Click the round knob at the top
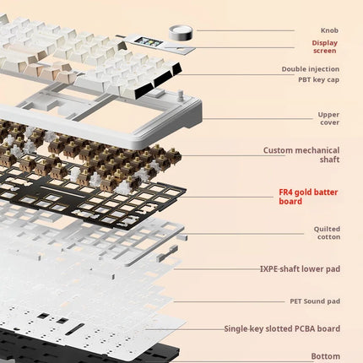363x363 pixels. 181,32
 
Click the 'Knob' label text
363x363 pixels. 329,30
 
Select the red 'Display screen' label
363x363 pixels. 325,46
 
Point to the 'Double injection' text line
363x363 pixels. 311,69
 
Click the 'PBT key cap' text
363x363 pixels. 318,79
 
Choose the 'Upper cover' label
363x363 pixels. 328,118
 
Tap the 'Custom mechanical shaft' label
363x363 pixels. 301,154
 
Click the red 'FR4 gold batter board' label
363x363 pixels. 308,197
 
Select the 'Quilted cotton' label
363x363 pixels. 327,233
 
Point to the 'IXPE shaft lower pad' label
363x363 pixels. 300,268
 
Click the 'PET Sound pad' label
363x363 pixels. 315,301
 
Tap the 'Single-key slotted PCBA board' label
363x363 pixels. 282,328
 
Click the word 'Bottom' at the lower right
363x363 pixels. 326,356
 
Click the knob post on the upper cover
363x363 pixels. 180,94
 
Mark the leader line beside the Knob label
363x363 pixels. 246,30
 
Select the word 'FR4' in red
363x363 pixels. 285,192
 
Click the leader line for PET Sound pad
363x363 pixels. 230,301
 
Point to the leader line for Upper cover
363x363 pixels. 257,118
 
